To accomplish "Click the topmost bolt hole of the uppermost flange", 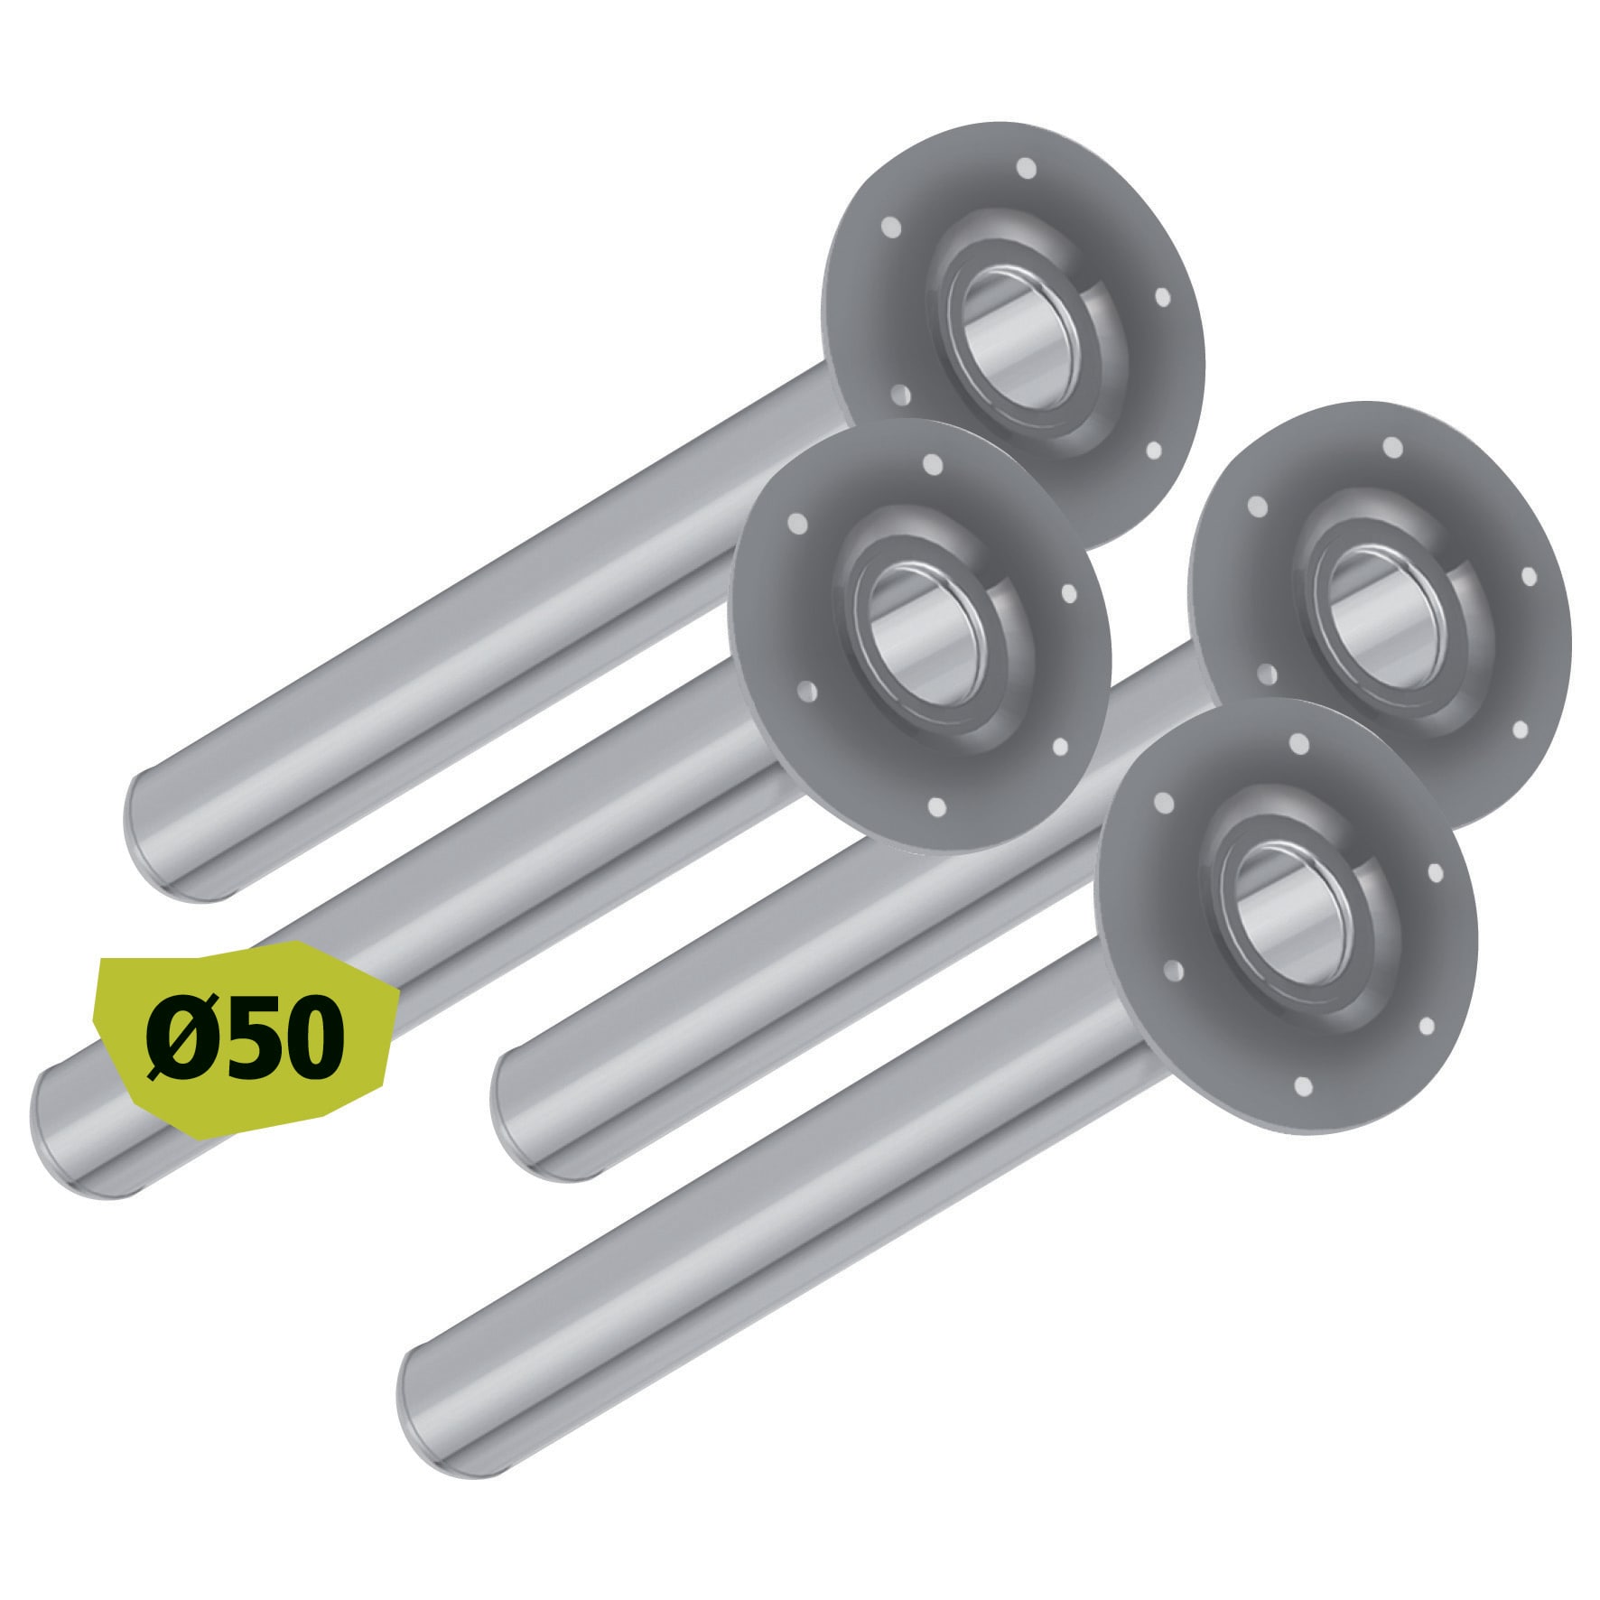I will click(1026, 168).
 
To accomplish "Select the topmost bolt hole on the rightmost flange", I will click(1392, 448).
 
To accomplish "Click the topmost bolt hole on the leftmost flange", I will click(934, 466).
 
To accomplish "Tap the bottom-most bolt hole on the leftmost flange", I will click(936, 806).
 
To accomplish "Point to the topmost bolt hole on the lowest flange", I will click(1299, 744).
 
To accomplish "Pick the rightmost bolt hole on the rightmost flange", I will click(1530, 575).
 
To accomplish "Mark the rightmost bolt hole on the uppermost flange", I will click(1163, 297).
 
